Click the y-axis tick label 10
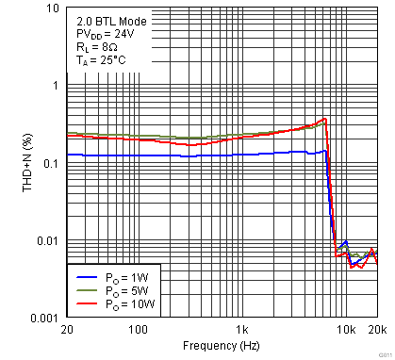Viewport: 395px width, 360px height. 54,8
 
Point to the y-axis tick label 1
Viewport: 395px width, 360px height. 57,86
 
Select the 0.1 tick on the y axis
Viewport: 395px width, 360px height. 53,163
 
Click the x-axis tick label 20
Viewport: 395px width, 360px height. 67,330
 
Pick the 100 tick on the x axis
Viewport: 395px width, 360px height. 139,330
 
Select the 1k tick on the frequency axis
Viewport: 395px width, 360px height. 242,330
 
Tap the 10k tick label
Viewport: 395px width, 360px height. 346,330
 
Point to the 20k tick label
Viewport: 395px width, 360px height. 376,330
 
